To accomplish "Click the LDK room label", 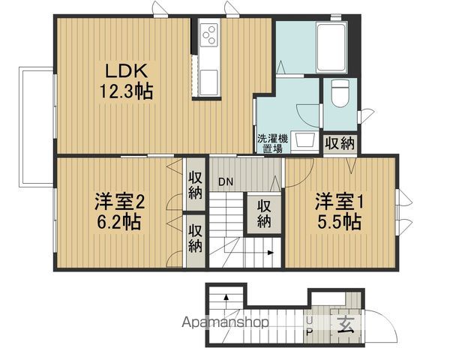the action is tap(127, 70).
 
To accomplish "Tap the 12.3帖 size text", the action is tap(126, 91).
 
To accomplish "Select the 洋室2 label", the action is tap(120, 202).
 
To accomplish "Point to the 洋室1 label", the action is tap(339, 202).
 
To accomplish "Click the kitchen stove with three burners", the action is tap(209, 34).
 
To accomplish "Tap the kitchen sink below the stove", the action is tap(209, 82).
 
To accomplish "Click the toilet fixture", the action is tap(340, 93).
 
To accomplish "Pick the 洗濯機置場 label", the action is tap(272, 144).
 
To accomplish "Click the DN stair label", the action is tap(226, 181).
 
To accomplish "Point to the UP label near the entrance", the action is tap(309, 325).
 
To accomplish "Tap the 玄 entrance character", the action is tap(346, 325).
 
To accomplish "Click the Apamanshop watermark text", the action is tap(225, 322).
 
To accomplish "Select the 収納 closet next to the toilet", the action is tap(340, 143).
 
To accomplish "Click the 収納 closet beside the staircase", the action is tap(264, 214).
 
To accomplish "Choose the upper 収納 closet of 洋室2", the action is tap(195, 185).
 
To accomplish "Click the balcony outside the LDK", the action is tap(37, 126).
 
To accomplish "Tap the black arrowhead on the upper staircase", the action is tap(270, 253).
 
